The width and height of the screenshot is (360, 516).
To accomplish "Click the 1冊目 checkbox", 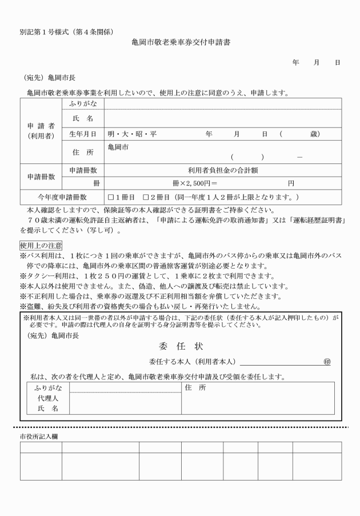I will (x=111, y=197).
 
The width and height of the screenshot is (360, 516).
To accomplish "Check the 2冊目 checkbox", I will (x=146, y=197).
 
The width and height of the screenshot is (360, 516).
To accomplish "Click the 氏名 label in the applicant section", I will (x=82, y=118).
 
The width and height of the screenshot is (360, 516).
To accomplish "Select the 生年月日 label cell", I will (x=82, y=134).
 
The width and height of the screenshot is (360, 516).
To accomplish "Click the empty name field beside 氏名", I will (x=223, y=118).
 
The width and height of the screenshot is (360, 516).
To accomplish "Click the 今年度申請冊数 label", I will (x=62, y=197).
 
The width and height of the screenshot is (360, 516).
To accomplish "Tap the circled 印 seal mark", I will (x=327, y=362).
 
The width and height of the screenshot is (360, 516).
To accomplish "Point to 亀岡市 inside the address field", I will (x=118, y=147).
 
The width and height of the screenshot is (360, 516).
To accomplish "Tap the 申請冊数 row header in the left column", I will (x=40, y=177).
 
